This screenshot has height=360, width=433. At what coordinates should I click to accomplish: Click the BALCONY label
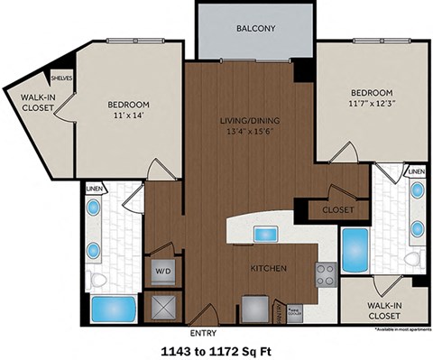coord(255,28)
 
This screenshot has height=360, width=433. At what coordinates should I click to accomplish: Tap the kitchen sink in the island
coord(265,234)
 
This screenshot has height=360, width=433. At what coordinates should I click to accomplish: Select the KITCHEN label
coord(269,268)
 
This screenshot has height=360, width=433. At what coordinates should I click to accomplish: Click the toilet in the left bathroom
coord(97,279)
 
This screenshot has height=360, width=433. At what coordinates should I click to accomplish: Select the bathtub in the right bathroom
coord(354,248)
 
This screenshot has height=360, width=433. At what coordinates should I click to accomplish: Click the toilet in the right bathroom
coord(413,260)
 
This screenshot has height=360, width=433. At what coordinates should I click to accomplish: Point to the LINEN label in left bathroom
coord(94,189)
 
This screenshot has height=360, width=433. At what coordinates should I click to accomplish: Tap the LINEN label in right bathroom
coord(415,171)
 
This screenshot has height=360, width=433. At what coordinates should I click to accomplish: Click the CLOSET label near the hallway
coord(337,209)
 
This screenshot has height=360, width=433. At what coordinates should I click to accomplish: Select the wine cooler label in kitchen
coord(292,312)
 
